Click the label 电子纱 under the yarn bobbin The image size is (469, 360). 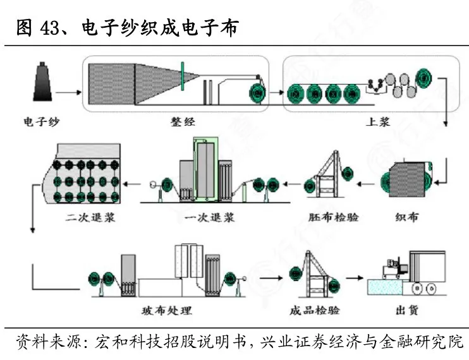coord(42,122)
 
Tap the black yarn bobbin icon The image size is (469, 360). coord(42,81)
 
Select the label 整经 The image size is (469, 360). coord(183,122)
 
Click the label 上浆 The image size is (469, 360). coord(378,122)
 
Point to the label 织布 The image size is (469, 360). coord(406,217)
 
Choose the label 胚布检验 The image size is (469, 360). coord(333,217)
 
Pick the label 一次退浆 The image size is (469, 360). coord(209,217)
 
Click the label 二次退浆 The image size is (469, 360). coord(90,217)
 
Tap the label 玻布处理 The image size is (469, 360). coord(167,311)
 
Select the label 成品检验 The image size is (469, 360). coord(314,310)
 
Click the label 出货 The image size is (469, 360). coord(407,310)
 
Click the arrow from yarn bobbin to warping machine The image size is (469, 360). coord(68,92)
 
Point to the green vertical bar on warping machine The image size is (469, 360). coord(182,76)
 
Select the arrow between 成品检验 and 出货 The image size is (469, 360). coord(355,278)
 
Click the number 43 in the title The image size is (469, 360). coord(50,28)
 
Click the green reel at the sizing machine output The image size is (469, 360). coord(424,78)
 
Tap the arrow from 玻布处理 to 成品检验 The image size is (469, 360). coord(271,278)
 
